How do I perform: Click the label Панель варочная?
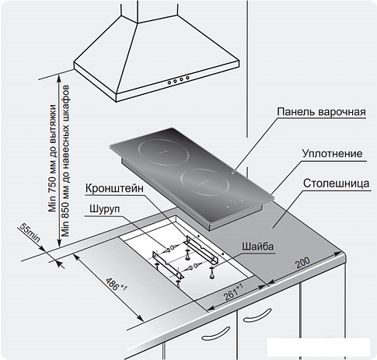pyautogui.click(x=321, y=112)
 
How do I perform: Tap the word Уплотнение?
pyautogui.click(x=333, y=153)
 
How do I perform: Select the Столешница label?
pyautogui.click(x=336, y=183)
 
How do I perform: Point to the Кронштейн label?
pyautogui.click(x=114, y=188)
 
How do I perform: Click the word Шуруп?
pyautogui.click(x=105, y=209)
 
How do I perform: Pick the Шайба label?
pyautogui.click(x=258, y=246)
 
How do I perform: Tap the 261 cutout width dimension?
pyautogui.click(x=233, y=292)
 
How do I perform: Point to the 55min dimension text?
pyautogui.click(x=29, y=233)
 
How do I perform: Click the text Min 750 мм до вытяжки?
pyautogui.click(x=53, y=159)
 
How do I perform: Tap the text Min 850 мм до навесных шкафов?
pyautogui.click(x=65, y=160)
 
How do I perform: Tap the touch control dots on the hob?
pyautogui.click(x=236, y=203)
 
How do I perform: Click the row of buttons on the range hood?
pyautogui.click(x=178, y=80)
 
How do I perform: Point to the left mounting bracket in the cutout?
pyautogui.click(x=169, y=265)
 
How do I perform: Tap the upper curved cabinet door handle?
pyautogui.click(x=259, y=313)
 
